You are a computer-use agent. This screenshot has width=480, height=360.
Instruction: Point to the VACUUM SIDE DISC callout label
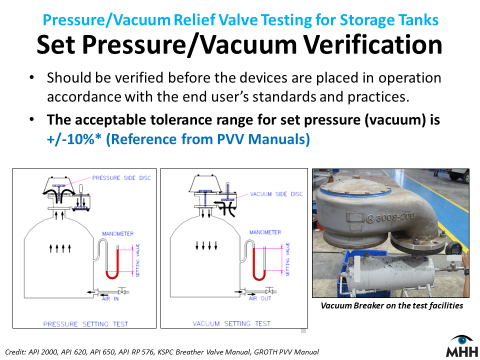(276, 194)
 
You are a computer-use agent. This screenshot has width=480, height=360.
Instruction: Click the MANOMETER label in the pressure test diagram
(118, 233)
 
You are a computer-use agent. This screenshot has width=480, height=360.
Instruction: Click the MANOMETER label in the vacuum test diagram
(265, 232)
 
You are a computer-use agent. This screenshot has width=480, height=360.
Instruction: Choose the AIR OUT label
(259, 298)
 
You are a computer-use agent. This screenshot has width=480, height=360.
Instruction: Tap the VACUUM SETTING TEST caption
(231, 323)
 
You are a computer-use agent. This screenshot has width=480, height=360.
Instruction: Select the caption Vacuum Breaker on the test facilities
(392, 305)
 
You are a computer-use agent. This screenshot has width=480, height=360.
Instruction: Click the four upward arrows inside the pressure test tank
(60, 246)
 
